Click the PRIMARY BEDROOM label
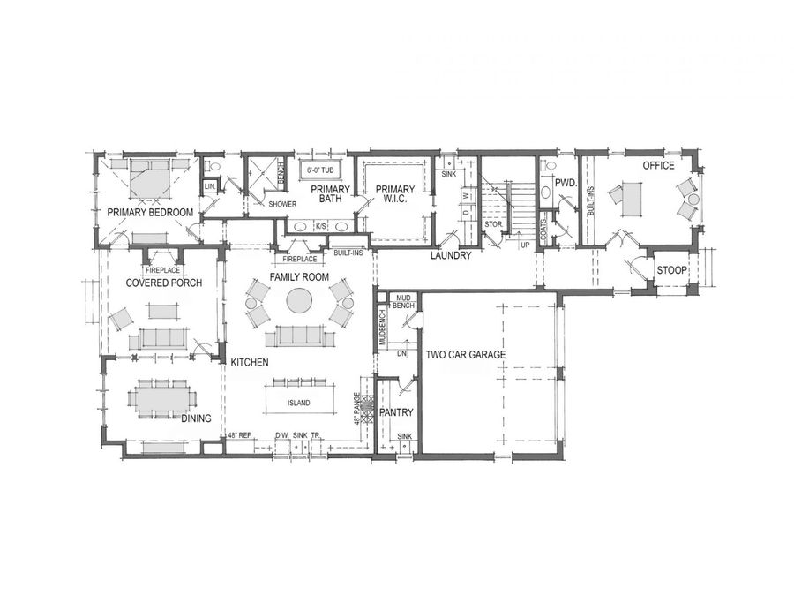click(x=150, y=213)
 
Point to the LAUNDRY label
click(x=450, y=256)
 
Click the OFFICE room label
click(x=658, y=165)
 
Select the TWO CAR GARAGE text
click(x=465, y=355)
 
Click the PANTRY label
click(x=396, y=412)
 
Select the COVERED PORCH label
click(x=164, y=283)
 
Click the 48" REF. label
click(x=240, y=436)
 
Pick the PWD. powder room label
click(x=566, y=184)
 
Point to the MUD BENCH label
click(x=405, y=301)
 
